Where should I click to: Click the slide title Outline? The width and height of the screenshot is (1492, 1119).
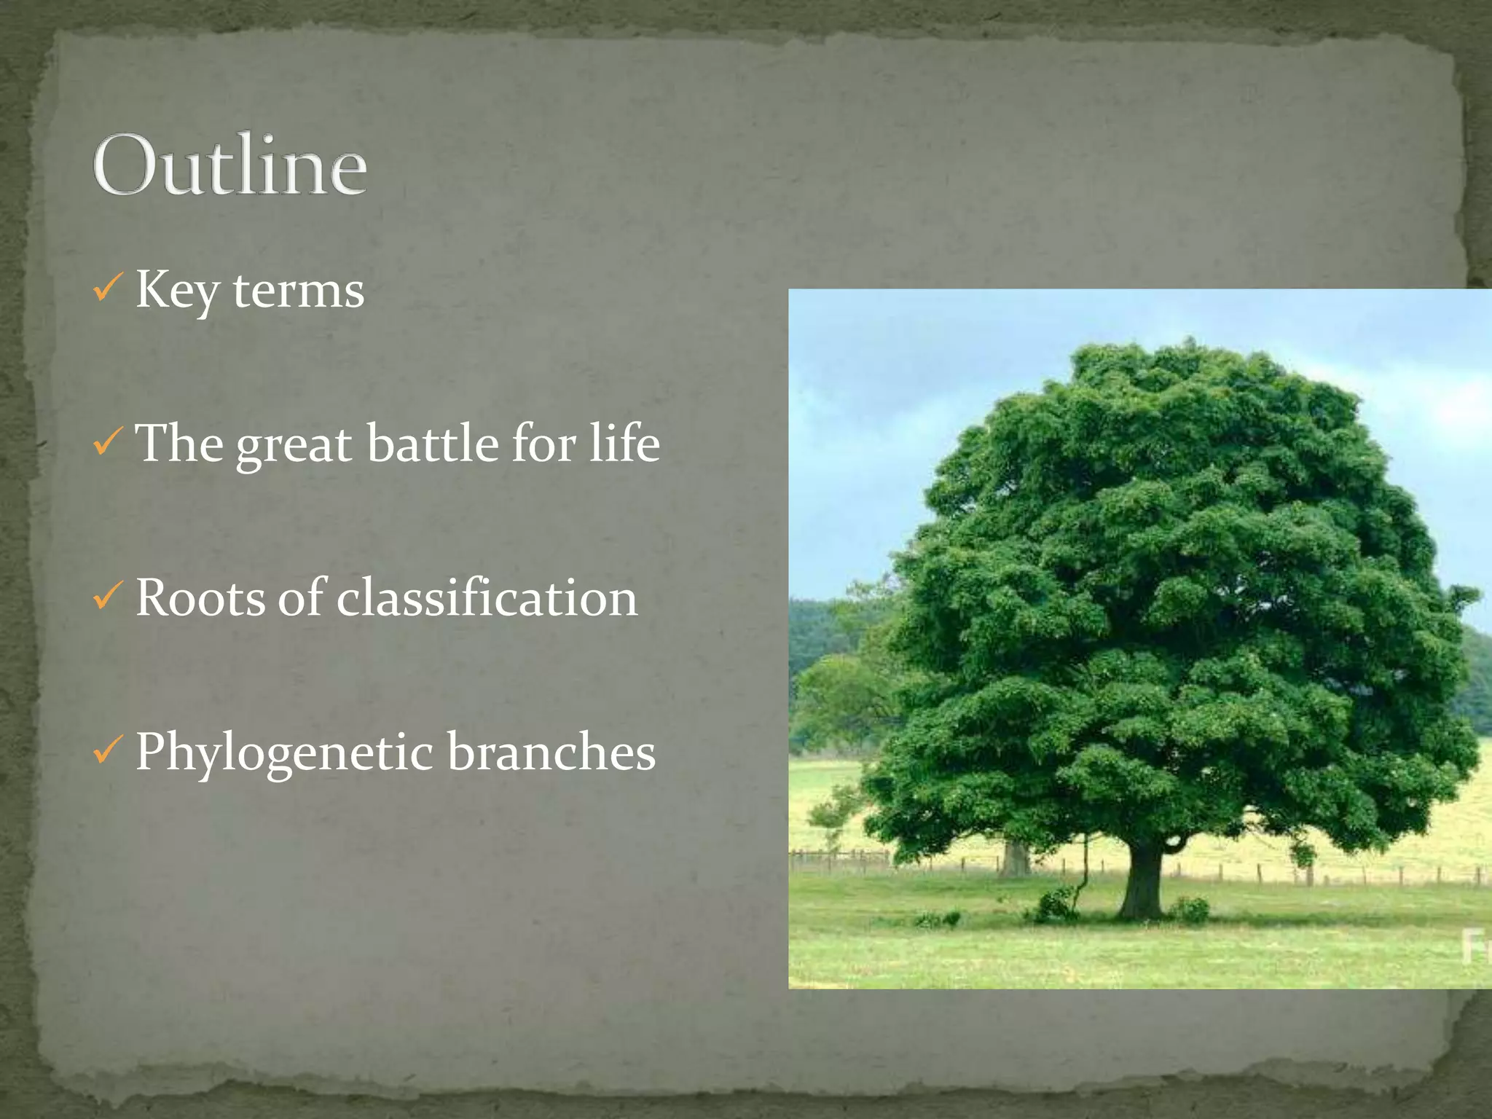point(229,165)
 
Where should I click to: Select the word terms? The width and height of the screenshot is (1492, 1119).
point(298,291)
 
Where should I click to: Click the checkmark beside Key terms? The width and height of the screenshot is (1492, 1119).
point(106,289)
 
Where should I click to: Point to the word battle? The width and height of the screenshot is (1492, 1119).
point(433,443)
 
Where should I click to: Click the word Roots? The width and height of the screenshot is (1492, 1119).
point(200,597)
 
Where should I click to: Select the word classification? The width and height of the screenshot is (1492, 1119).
point(487,597)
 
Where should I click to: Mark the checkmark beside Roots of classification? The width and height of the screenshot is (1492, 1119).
point(106,597)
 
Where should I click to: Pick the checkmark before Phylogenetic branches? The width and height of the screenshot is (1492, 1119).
point(106,750)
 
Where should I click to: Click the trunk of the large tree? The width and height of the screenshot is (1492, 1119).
point(1141,882)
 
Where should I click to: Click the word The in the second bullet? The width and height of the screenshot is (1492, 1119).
point(179,442)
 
